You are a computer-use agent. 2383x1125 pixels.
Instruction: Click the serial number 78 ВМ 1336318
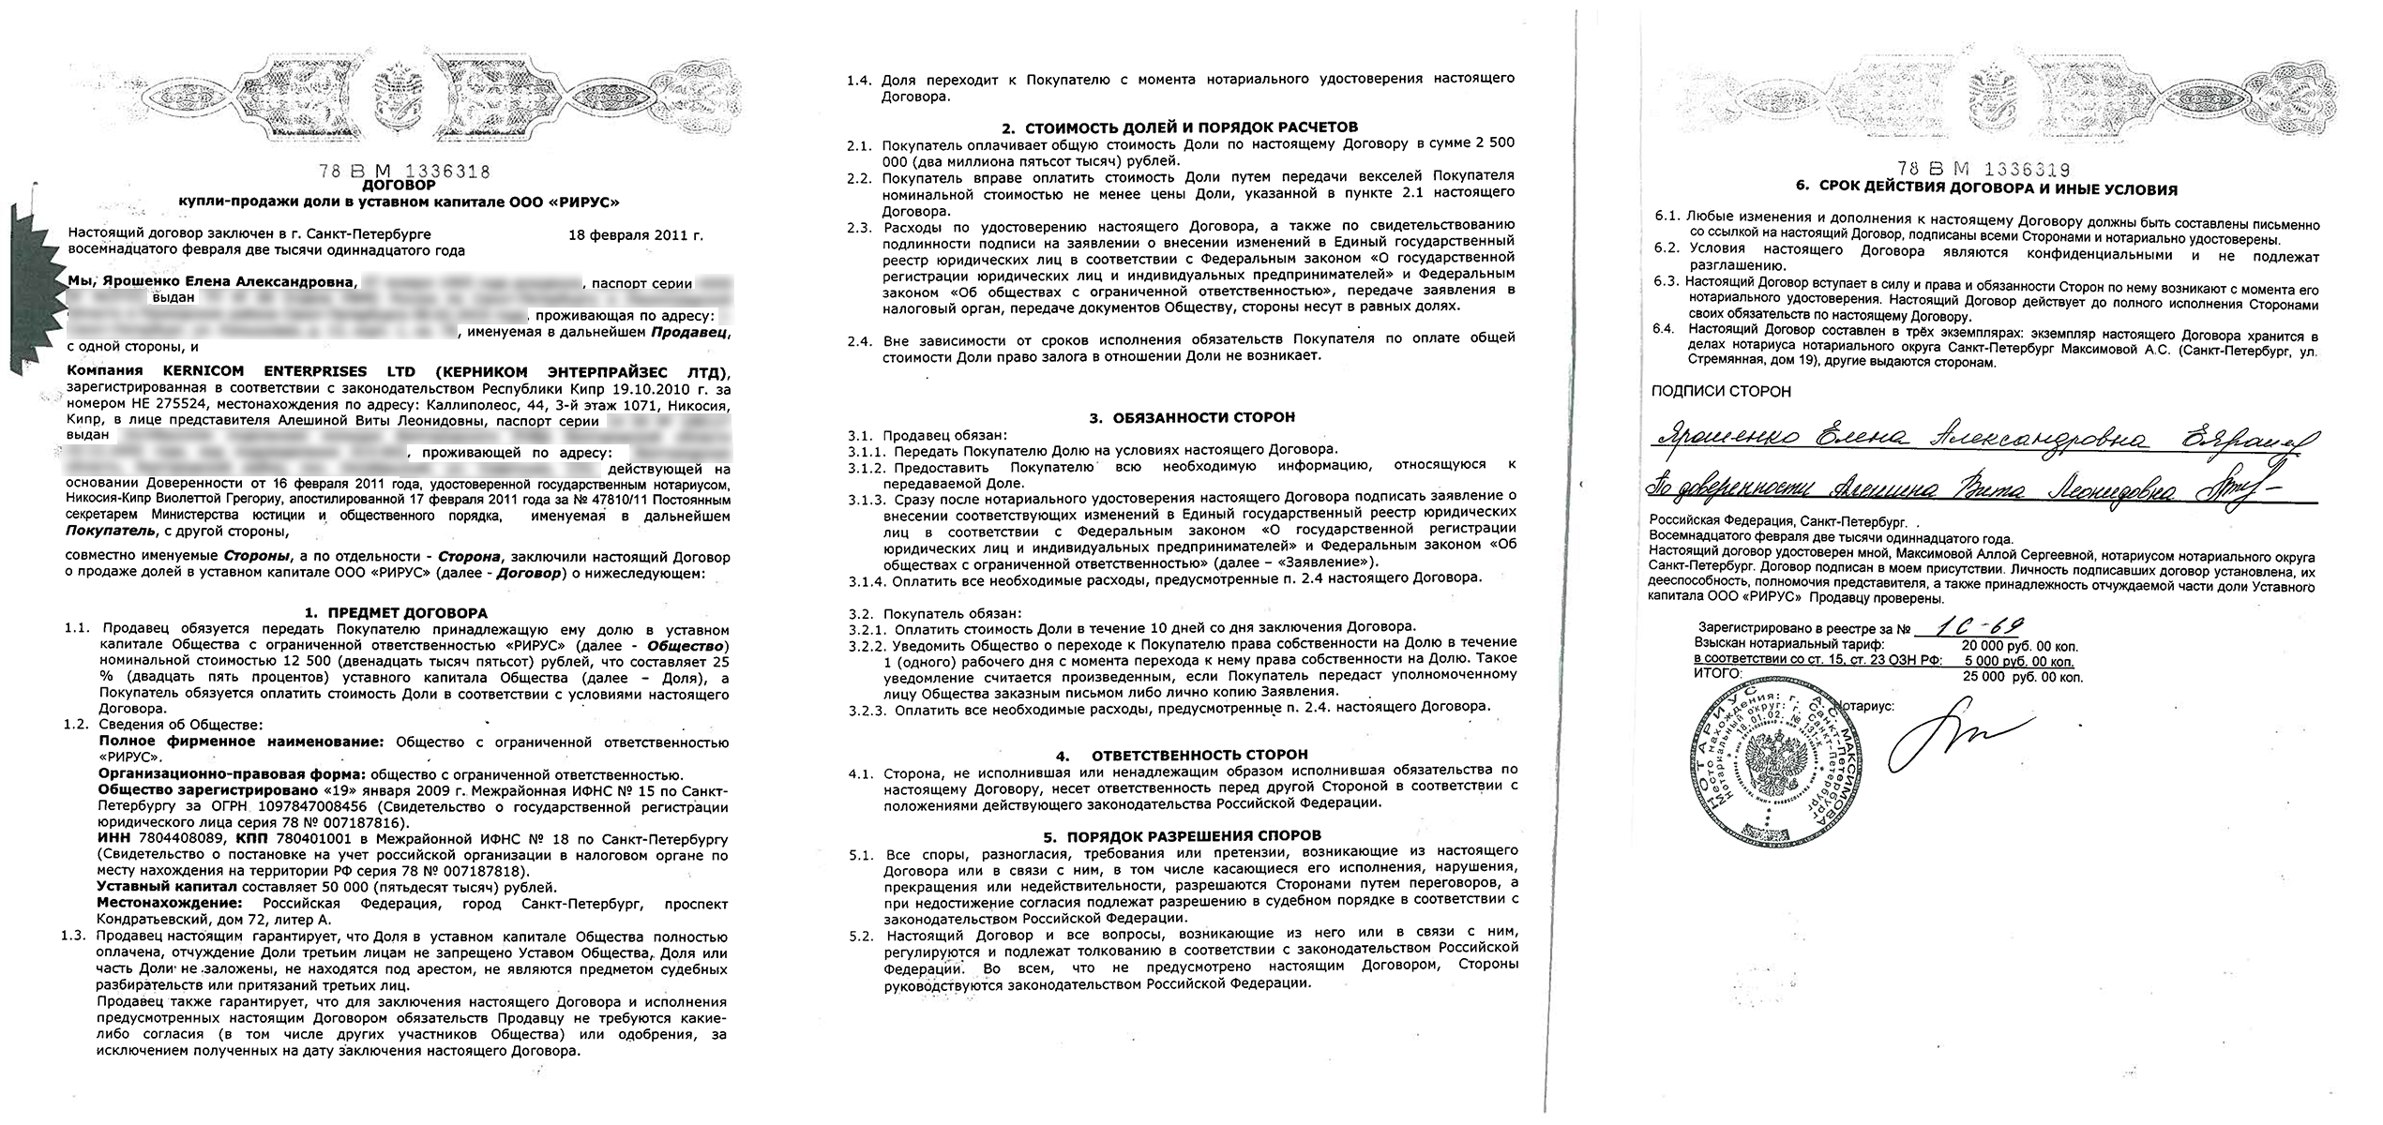(x=404, y=172)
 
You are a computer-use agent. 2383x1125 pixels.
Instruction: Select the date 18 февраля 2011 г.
(x=635, y=235)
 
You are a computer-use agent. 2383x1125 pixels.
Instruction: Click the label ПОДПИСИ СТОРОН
(x=1720, y=392)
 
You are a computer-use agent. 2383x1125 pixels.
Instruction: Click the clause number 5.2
(x=860, y=960)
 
